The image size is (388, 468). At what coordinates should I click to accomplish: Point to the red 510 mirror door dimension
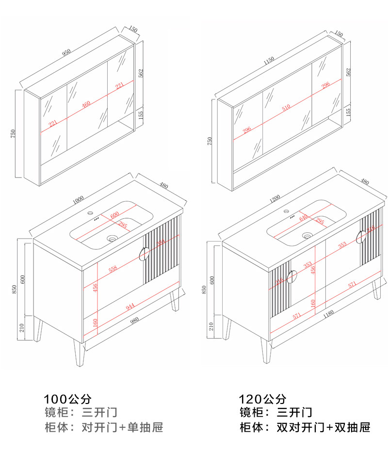coord(286,107)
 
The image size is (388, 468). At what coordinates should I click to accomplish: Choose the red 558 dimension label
coord(113,269)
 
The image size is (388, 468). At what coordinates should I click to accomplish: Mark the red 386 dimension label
coord(161,243)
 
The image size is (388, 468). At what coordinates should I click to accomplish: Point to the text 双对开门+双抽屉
coord(323,428)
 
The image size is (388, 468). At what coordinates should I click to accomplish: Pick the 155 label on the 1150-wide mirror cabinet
coord(348,112)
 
